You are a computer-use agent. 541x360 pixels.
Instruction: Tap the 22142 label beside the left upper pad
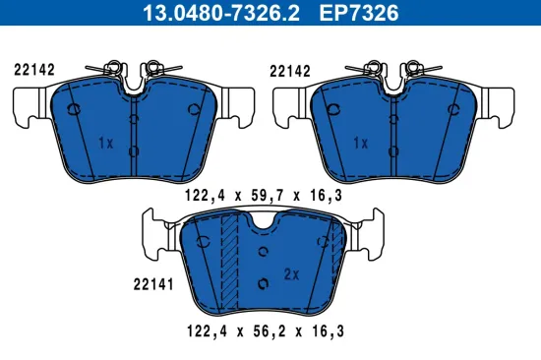coord(34,69)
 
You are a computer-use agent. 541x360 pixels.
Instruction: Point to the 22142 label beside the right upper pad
coord(290,69)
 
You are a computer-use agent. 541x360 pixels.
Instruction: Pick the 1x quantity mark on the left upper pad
coord(106,142)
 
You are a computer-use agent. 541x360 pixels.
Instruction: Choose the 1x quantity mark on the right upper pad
coord(360,142)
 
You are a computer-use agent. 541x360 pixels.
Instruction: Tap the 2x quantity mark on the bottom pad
coord(291,273)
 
